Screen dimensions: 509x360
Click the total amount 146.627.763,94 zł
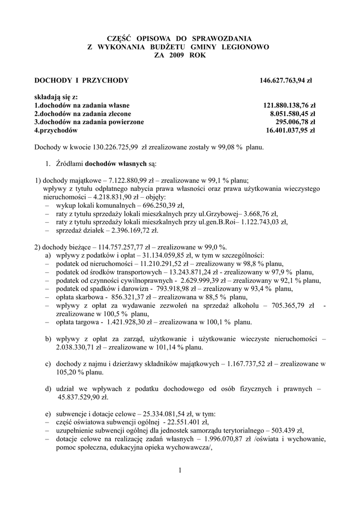point(287,80)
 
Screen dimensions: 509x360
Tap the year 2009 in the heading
point(175,56)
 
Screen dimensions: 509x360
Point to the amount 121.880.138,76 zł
point(289,105)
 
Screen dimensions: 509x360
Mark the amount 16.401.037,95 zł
point(291,130)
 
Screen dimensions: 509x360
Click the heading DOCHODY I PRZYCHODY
point(82,80)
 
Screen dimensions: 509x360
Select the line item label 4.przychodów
point(56,130)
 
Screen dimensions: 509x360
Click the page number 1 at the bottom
point(180,470)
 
